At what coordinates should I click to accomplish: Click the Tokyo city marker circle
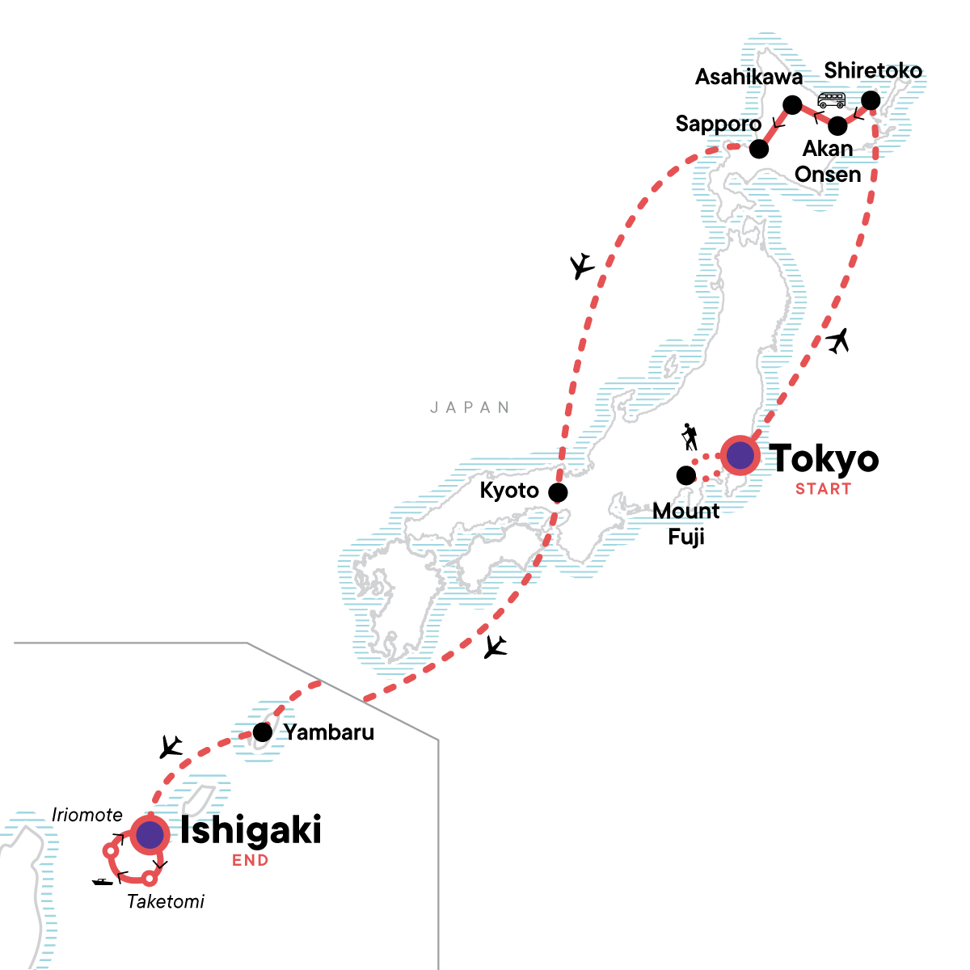click(740, 455)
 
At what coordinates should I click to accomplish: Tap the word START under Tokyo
click(823, 489)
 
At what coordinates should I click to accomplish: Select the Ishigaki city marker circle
click(150, 835)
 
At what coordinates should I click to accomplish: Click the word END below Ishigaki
click(251, 861)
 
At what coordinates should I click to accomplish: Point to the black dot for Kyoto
click(558, 492)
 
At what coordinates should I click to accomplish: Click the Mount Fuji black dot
click(685, 474)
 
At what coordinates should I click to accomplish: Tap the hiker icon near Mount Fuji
click(690, 437)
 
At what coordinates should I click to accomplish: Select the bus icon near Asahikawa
click(831, 100)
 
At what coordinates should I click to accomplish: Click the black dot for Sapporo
click(758, 149)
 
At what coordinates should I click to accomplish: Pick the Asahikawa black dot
click(793, 105)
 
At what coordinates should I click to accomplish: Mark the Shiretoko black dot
click(871, 100)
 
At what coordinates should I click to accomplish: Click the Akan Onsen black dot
click(838, 126)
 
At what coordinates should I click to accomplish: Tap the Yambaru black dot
click(263, 732)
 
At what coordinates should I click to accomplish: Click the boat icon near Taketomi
click(103, 881)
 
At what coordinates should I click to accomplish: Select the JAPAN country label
click(470, 407)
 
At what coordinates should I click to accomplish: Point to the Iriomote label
click(87, 815)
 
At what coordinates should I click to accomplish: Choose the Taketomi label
click(166, 901)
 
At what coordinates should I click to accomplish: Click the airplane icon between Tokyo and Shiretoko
click(838, 341)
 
